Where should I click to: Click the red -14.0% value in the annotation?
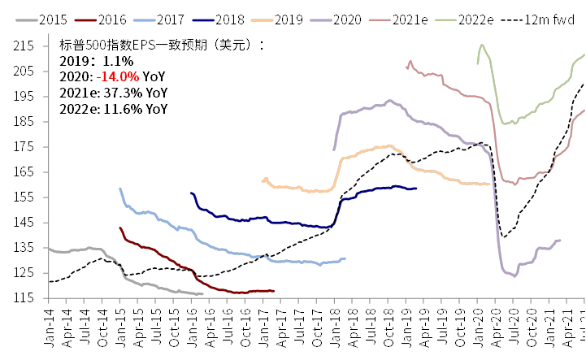tap(124, 76)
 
